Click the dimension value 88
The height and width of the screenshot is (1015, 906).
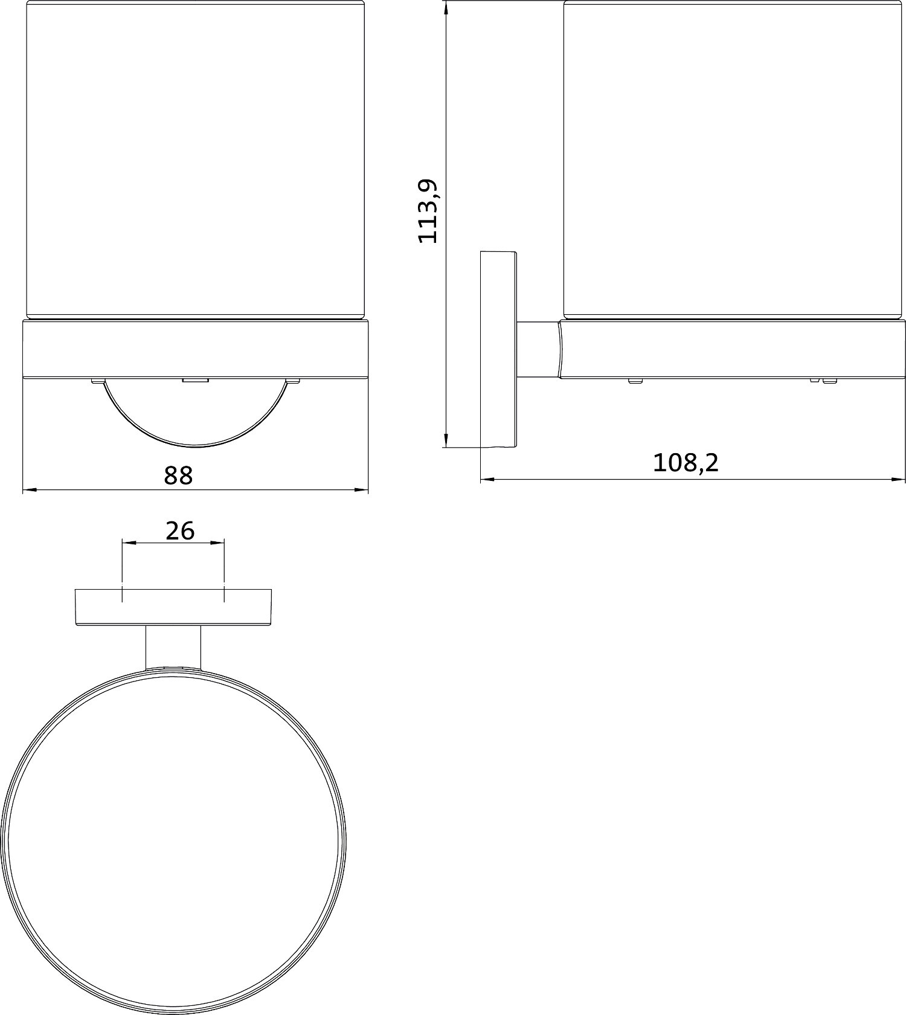point(178,475)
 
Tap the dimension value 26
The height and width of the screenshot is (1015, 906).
point(180,531)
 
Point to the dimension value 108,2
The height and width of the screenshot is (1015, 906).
point(686,463)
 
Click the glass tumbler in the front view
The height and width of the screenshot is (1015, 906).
point(196,159)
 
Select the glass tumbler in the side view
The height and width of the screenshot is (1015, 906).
point(733,159)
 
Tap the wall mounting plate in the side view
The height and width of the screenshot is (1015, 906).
point(499,349)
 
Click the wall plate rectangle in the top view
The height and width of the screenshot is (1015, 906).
point(173,607)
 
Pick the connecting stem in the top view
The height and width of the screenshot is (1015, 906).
point(173,647)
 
